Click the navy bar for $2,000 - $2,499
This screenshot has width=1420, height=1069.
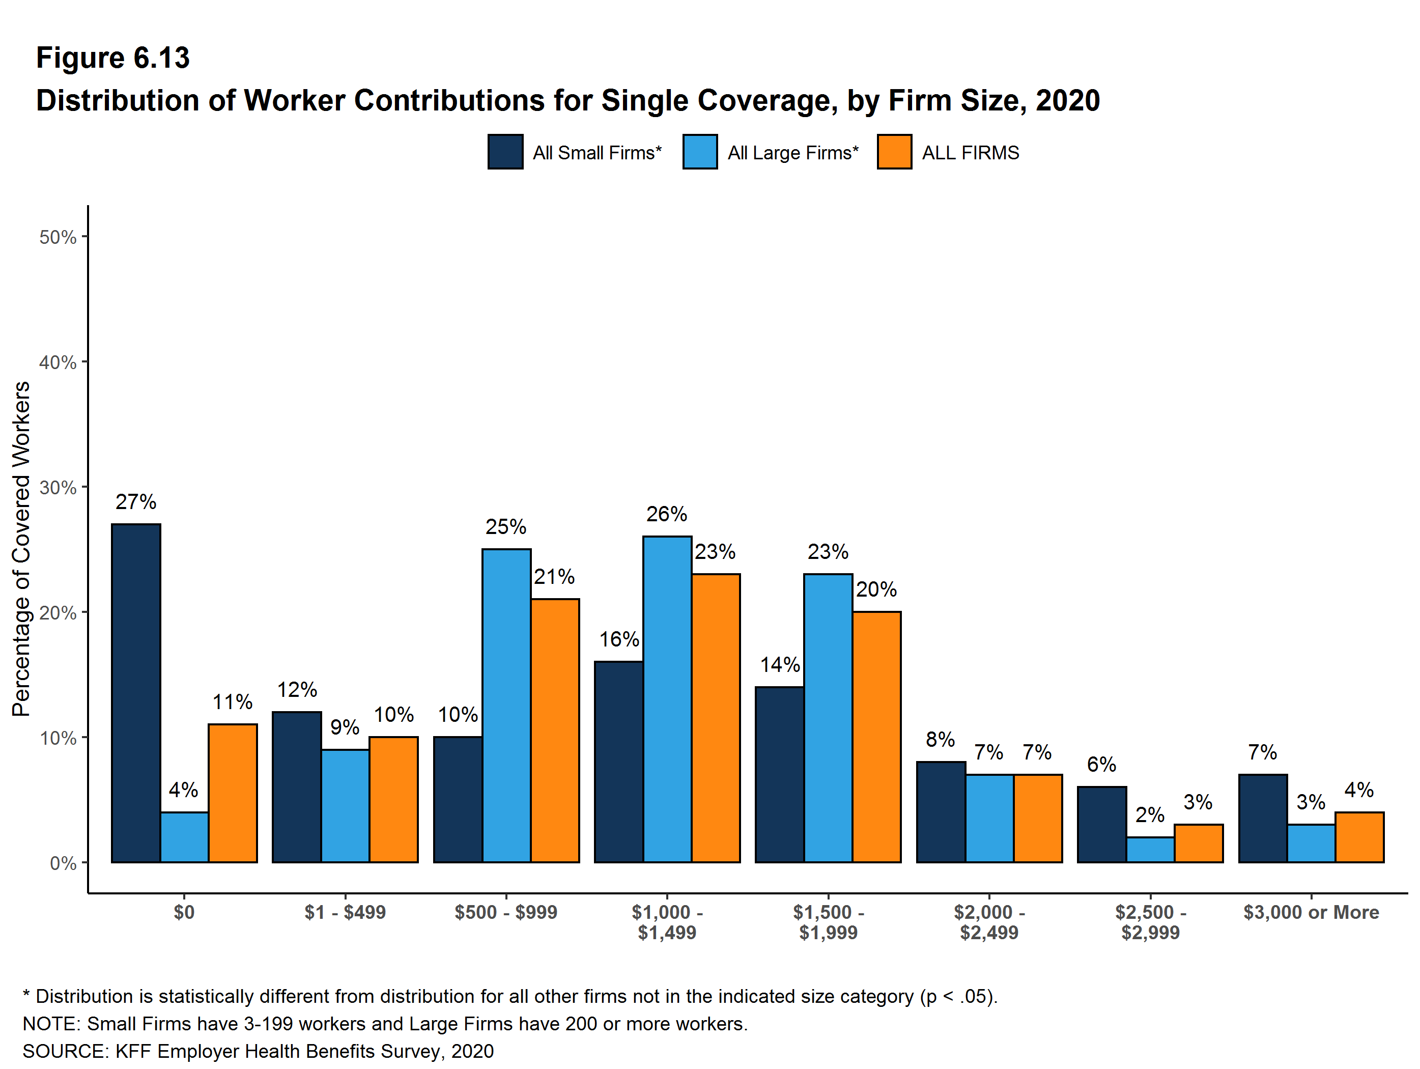(941, 811)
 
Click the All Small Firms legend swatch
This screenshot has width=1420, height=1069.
(505, 152)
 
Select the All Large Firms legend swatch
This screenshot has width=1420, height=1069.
(700, 152)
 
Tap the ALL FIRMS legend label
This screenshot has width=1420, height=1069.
(970, 153)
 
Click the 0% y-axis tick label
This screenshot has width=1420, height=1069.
(63, 863)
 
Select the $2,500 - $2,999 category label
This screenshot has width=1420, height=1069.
(1150, 922)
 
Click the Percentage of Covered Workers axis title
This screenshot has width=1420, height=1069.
(21, 548)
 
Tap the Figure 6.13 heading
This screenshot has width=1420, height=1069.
(113, 58)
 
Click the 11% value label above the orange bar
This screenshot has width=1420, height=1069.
(233, 702)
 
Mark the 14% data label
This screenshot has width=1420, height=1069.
(779, 664)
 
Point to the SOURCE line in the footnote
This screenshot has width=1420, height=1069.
(258, 1051)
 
